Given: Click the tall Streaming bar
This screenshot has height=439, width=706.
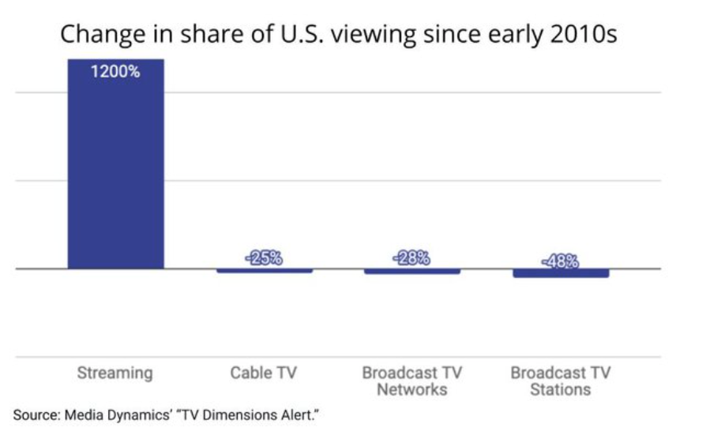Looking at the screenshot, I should point(115,166).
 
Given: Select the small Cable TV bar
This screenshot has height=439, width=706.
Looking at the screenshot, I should point(264,271).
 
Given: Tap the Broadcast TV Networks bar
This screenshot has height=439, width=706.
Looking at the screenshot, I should point(411,272).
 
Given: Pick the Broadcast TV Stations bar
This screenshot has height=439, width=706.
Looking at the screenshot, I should point(560,273).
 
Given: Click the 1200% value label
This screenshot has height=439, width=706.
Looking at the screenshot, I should point(115,73).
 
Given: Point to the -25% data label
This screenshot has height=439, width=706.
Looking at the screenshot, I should point(264,258).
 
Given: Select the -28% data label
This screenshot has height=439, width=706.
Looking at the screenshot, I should point(411,258).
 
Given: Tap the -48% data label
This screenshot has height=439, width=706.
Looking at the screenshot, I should point(560,261).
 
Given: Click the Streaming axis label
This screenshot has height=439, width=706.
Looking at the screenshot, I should point(115,373).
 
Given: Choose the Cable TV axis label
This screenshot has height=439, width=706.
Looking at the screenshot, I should point(264,373).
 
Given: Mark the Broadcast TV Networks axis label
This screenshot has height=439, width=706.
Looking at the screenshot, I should point(411,381).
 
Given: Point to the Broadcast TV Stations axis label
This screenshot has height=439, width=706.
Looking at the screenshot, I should point(560,381).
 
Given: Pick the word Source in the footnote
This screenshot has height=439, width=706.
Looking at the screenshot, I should point(34,414).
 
